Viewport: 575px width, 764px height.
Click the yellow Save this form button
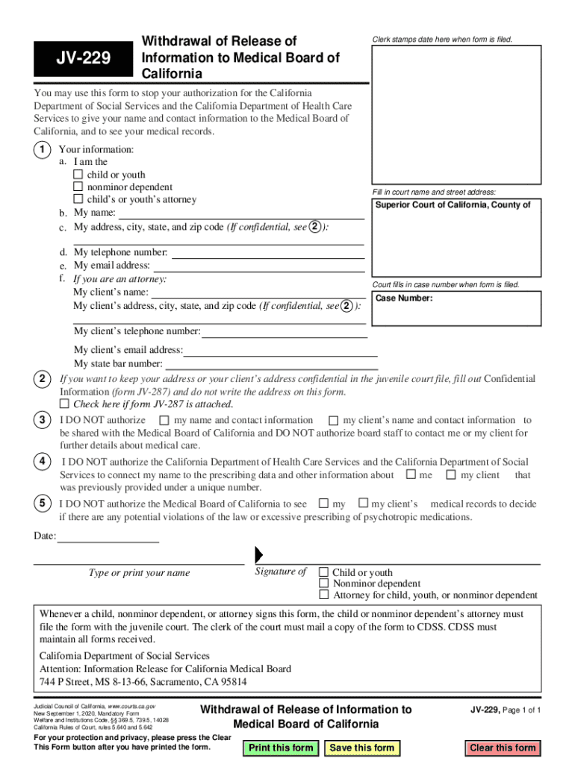362,748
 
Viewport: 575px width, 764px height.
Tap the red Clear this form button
503,748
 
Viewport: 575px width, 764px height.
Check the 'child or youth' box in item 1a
78,175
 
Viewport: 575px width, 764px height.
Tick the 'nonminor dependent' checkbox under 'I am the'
78,187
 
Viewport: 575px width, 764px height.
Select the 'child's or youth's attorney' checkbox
78,199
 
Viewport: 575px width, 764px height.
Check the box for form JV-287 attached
64,404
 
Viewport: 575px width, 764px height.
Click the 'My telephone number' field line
267,253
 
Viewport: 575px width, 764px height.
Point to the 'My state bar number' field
271,364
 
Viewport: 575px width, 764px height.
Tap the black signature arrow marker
259,555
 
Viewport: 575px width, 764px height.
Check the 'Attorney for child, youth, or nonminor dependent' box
324,595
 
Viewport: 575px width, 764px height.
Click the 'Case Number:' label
403,298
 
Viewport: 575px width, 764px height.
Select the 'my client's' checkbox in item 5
364,504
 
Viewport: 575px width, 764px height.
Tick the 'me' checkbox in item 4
411,475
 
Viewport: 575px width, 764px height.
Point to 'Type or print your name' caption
139,573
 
